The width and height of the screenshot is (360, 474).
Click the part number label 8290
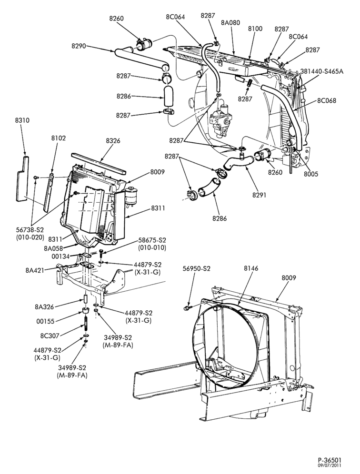pos(79,46)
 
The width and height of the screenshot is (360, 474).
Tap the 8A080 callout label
pos(230,22)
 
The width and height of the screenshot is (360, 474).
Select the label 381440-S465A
pos(322,71)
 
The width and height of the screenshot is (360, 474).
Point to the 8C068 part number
pos(326,100)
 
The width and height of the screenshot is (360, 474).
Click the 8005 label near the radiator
pos(311,174)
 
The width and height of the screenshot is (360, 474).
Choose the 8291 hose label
pos(259,195)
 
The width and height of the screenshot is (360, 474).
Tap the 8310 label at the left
pos(22,120)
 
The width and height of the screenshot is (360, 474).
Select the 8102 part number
pos(59,138)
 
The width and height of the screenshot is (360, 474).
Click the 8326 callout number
pos(113,140)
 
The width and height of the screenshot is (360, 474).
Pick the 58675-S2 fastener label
pos(152,240)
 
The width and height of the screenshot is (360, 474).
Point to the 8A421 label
pos(35,270)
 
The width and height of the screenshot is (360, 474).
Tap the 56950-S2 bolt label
pos(196,268)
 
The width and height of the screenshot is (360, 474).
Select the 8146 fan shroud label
pos(251,268)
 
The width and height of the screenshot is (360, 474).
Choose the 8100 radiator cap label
pos(255,29)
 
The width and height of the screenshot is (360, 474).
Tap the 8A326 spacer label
pos(44,307)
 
